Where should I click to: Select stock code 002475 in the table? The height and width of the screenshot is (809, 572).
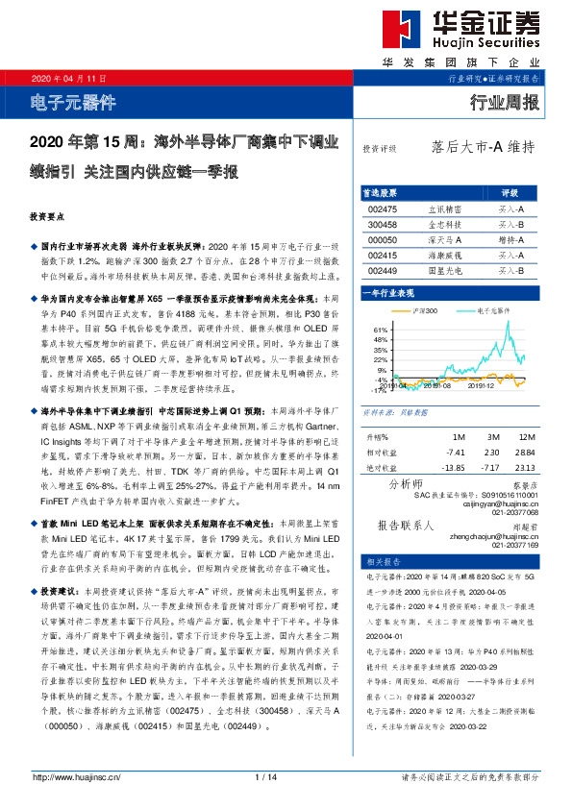383,208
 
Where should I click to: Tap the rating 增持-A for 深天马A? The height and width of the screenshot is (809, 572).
510,239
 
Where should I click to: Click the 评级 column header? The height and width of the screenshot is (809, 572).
510,193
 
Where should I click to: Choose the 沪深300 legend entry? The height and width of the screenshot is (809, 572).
423,311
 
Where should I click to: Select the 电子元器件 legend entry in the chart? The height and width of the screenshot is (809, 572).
490,311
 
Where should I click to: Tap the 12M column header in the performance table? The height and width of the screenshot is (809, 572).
525,437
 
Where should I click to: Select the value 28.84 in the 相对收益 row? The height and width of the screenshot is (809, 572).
525,452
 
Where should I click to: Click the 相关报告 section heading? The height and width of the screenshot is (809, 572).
384,561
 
